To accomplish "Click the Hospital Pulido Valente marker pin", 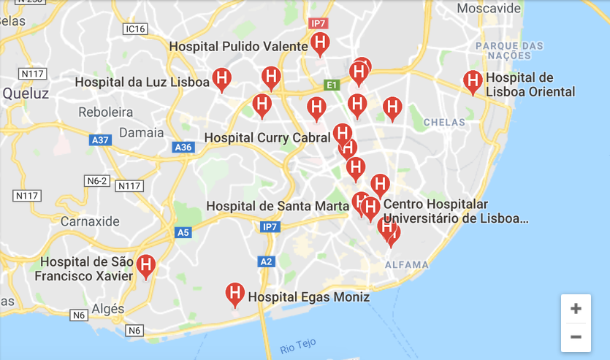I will point(319,44).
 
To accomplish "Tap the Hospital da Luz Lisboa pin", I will point(222,78).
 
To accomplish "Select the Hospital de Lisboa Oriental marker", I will point(473,82).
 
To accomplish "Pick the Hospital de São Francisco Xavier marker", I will point(147,266).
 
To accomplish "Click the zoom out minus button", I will point(576,337).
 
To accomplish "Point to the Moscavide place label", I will point(489,9).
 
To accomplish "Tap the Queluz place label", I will point(26,93).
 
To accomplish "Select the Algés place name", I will point(107,309).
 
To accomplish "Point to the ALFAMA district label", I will point(407,264).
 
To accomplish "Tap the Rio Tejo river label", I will point(298,346).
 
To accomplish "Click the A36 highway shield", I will point(183,148).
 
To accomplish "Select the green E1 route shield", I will point(332,85).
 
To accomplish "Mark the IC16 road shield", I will point(135,29).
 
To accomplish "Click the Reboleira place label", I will point(106,112).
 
